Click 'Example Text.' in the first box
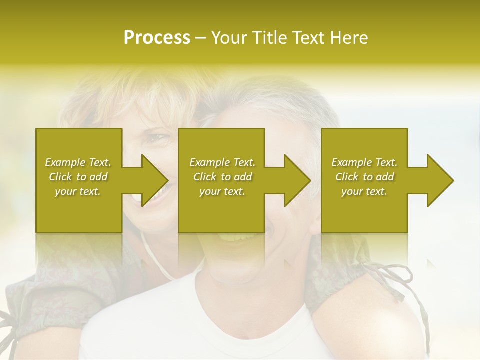(x=78, y=162)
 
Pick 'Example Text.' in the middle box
(x=222, y=162)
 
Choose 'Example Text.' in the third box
(x=364, y=162)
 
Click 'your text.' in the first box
(x=78, y=191)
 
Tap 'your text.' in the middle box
(x=222, y=191)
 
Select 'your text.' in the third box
(x=364, y=191)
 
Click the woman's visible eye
(x=159, y=138)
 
